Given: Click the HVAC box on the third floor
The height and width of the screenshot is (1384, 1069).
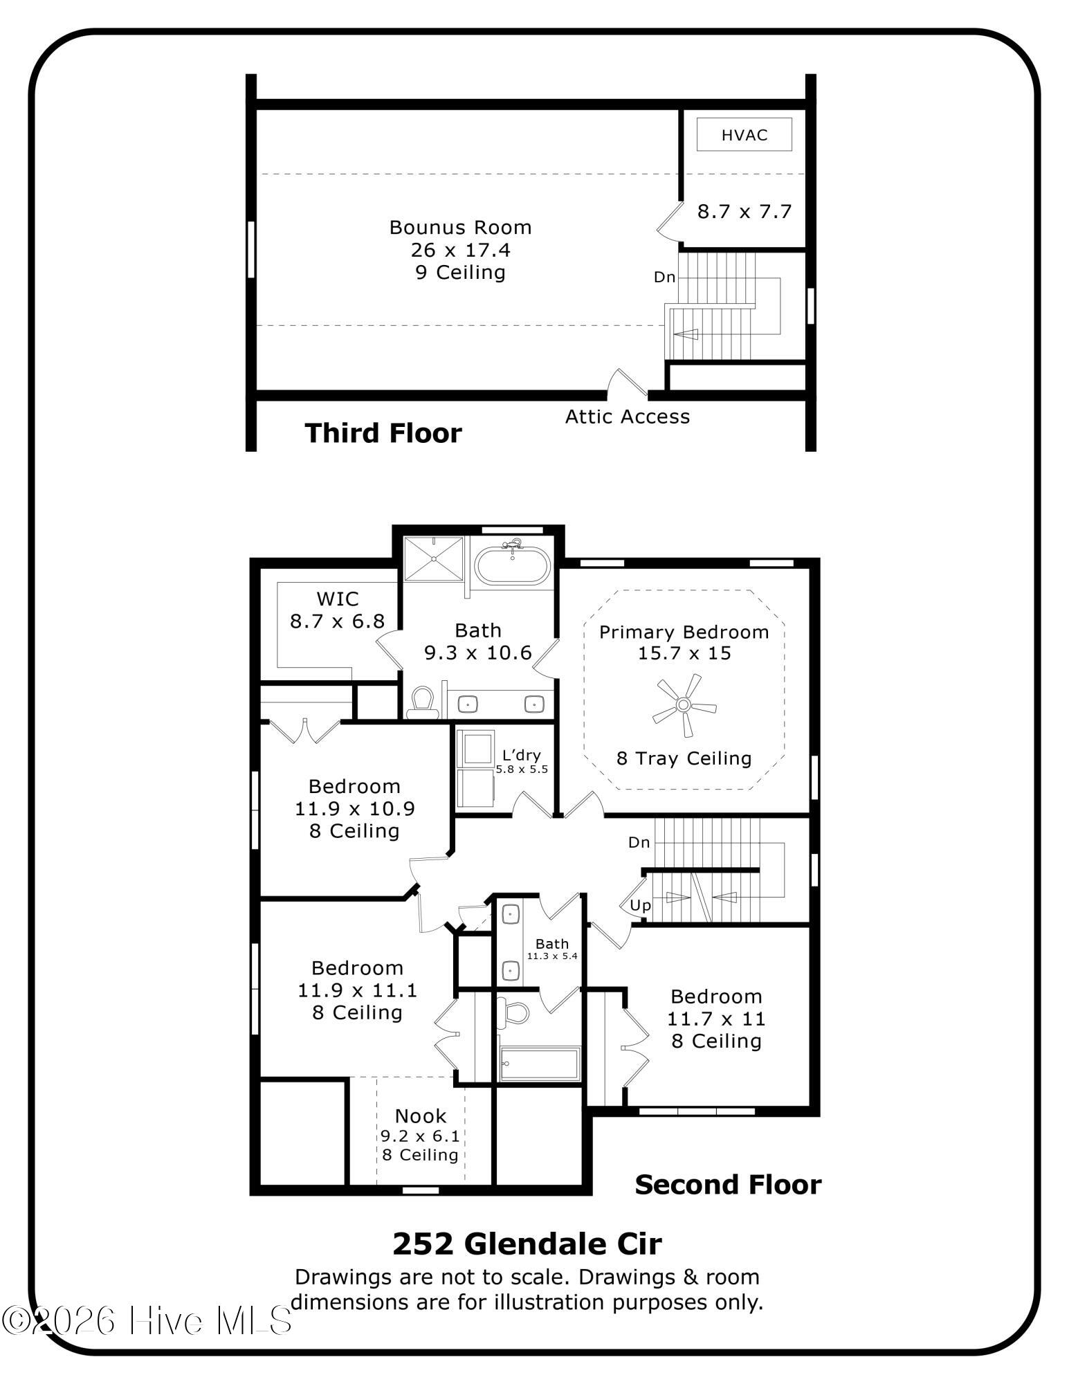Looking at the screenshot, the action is click(744, 134).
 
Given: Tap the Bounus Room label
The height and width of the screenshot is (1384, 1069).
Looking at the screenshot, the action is click(460, 227).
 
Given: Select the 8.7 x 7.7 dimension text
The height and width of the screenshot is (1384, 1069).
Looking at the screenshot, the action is click(744, 211).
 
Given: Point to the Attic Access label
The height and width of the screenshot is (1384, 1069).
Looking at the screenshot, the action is click(627, 416).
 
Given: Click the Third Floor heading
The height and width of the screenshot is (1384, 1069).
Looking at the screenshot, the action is click(383, 433).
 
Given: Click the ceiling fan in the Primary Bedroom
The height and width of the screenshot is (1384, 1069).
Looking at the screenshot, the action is click(684, 705).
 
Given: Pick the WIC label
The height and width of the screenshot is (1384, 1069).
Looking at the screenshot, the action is click(338, 599).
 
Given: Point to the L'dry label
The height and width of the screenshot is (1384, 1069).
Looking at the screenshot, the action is click(522, 755).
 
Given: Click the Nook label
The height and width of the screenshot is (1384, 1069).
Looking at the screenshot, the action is click(421, 1116).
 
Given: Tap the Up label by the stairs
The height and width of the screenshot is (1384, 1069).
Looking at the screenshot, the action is click(640, 905).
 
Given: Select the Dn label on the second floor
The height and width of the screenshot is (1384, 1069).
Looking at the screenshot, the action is click(639, 842).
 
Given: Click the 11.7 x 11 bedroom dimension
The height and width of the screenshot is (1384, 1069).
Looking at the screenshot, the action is click(716, 1019).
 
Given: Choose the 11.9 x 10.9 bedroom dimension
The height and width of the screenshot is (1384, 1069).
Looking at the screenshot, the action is click(355, 808).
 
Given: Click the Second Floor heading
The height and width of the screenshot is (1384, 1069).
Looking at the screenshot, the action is click(728, 1185).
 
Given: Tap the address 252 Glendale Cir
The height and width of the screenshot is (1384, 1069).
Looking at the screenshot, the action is click(527, 1244).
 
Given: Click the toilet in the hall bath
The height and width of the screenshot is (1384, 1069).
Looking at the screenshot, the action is click(514, 1012).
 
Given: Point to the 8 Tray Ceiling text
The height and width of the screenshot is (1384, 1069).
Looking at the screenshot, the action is click(684, 758).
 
